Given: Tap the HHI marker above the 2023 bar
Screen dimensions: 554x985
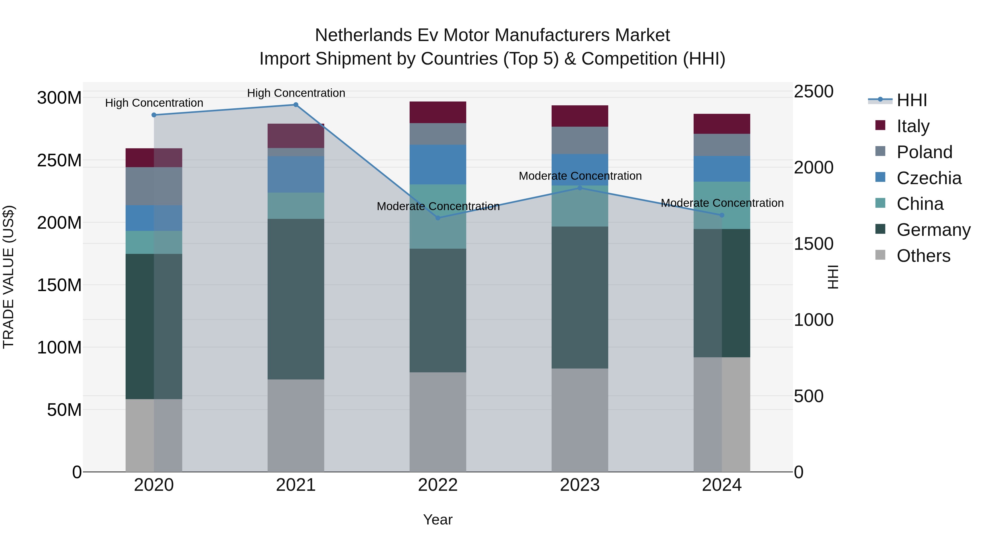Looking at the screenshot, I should point(580,188).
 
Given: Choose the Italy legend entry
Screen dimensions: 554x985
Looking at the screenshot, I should point(913,126).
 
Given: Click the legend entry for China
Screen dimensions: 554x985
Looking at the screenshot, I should point(920,204).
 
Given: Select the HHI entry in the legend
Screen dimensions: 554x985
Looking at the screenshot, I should point(912,100).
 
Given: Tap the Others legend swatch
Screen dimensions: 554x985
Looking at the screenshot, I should point(880,255).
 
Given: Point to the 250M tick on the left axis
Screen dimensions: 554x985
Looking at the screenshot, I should point(59,161).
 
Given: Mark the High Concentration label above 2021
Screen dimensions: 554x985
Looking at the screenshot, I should point(296,93).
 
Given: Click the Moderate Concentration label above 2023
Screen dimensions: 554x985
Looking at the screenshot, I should point(580,176).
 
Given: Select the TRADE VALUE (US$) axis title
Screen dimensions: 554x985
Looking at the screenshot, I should point(8,277).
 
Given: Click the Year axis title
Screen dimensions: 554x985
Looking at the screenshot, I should point(438,520).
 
